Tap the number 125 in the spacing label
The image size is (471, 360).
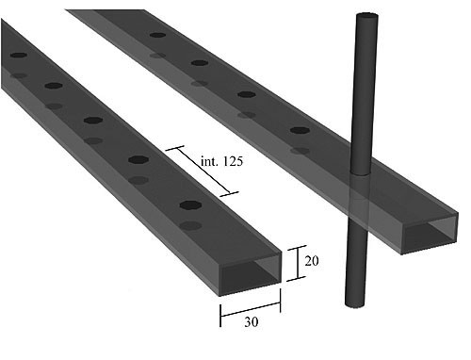tap(233, 161)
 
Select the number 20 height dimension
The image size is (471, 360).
tap(312, 261)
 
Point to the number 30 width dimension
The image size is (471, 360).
tap(252, 322)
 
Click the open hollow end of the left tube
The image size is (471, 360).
tap(250, 273)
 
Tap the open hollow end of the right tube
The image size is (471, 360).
tap(430, 234)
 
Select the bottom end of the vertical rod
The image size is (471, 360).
tap(355, 304)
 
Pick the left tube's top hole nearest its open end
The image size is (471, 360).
tap(190, 205)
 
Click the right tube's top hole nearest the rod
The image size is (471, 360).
tap(300, 130)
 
